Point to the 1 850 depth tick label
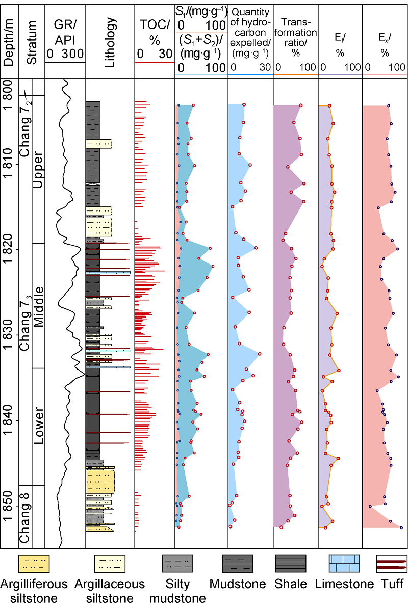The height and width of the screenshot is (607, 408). [10, 506]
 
